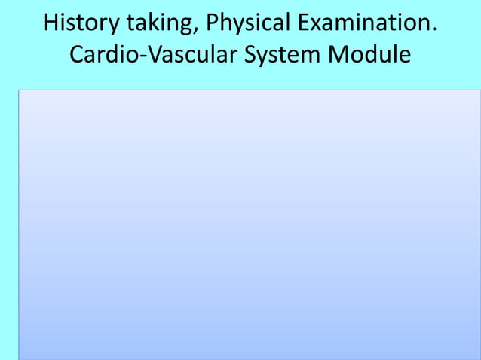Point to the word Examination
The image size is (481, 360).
pyautogui.click(x=363, y=23)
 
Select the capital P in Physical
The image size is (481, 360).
pyautogui.click(x=213, y=23)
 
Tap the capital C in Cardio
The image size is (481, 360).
pyautogui.click(x=77, y=56)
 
